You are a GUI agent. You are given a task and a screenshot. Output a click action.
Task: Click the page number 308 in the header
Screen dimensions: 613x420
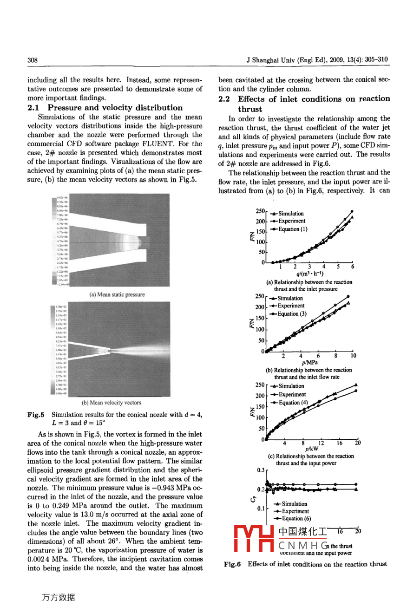click(33, 60)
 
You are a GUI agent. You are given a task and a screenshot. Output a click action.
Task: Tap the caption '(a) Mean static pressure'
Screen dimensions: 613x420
click(117, 294)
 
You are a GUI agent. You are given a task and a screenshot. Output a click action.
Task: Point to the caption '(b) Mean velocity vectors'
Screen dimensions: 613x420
click(111, 403)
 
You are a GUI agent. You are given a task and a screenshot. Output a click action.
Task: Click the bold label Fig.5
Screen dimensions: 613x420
click(36, 415)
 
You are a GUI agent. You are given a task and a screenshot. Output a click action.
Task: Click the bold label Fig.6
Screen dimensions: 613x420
click(232, 564)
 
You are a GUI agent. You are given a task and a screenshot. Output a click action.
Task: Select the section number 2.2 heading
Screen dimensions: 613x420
click(224, 99)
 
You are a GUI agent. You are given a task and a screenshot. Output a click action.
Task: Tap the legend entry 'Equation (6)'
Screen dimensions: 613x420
click(296, 519)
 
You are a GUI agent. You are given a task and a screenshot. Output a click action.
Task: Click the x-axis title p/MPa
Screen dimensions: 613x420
click(310, 362)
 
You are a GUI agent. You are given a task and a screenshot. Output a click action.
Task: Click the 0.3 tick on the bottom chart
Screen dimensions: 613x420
click(260, 470)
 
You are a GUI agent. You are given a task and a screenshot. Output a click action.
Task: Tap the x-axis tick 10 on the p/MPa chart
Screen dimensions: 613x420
click(353, 356)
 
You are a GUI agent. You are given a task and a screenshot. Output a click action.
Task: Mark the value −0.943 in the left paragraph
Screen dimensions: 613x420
click(159, 488)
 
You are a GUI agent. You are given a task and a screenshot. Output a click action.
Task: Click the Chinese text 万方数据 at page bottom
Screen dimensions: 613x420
click(58, 598)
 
